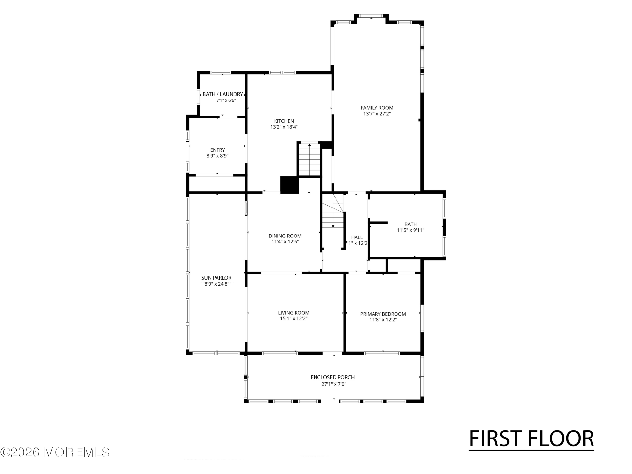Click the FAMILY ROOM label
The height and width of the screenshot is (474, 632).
[x=377, y=108]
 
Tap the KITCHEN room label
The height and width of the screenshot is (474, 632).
[x=284, y=121]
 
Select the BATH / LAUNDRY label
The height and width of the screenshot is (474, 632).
[x=223, y=94]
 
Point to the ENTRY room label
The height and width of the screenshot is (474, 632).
[x=217, y=150]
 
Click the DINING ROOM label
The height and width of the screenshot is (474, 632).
[x=285, y=236]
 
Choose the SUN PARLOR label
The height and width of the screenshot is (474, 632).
[x=216, y=278]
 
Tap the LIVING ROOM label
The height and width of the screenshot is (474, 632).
[x=294, y=313]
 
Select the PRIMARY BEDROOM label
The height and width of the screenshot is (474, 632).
[x=383, y=314]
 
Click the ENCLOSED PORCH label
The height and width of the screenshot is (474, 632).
[x=333, y=378]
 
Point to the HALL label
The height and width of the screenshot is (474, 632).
[x=357, y=237]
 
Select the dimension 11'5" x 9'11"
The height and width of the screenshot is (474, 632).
[x=411, y=230]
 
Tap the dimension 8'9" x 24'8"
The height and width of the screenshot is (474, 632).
[x=217, y=284]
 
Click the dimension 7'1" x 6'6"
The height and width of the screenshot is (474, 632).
[x=226, y=100]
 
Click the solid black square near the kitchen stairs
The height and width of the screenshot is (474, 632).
[x=289, y=185]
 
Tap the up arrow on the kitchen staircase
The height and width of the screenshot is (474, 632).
[x=309, y=159]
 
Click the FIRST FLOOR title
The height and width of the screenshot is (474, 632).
[x=532, y=439]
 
